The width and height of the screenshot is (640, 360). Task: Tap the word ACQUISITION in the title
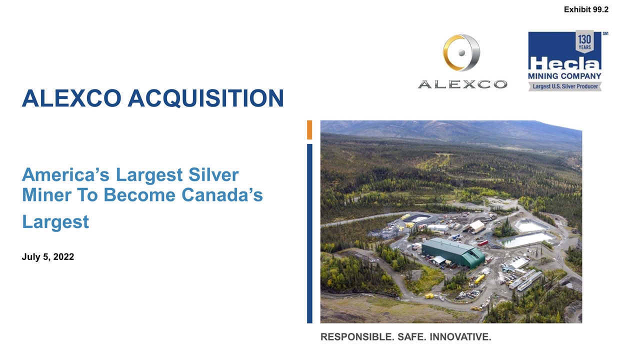coord(205,98)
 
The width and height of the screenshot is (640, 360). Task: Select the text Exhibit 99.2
coord(586,9)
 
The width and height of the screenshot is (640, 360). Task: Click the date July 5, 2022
coord(48,257)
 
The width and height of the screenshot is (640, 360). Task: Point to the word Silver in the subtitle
coord(212,176)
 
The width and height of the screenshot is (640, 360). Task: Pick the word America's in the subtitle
coord(66,176)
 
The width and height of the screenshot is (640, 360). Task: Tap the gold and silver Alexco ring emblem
coord(461,53)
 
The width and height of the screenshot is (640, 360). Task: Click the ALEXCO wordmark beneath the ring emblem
coord(462,85)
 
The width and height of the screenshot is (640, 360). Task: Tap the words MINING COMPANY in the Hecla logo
coord(564,76)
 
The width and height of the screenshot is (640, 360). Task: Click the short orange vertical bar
coord(309,129)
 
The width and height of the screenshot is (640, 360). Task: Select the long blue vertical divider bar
coord(309,233)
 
